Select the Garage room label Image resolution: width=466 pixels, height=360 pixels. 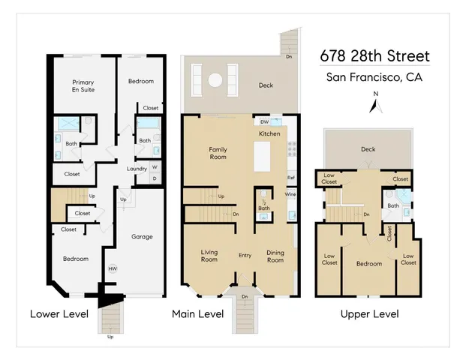tap(142, 236)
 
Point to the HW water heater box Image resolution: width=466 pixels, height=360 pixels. tap(113, 269)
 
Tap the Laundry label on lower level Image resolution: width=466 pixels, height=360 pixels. tap(137, 169)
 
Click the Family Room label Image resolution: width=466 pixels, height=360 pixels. tap(218, 154)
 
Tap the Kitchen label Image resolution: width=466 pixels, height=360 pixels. tap(269, 133)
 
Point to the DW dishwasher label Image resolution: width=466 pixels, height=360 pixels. tap(264, 121)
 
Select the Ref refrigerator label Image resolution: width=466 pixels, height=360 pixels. tap(291, 178)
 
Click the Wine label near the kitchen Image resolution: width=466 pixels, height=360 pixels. tap(290, 194)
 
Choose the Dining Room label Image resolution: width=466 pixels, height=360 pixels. tap(276, 257)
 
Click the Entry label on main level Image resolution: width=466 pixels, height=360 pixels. tap(245, 256)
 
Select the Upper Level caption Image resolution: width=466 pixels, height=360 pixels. tap(369, 313)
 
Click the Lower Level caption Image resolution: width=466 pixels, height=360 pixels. tap(59, 313)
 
